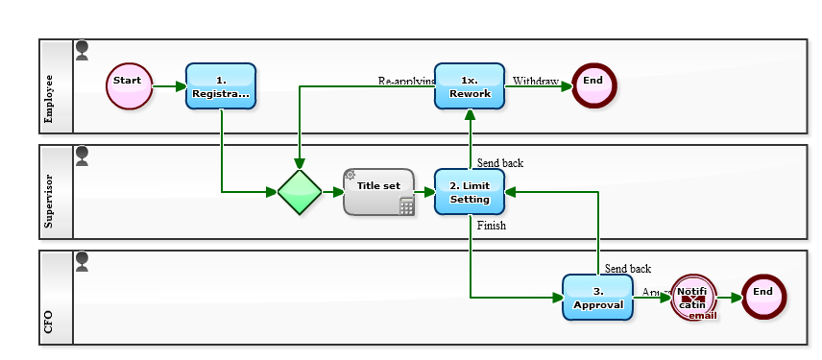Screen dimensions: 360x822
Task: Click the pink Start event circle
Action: coord(130,86)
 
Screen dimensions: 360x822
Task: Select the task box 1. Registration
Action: coord(221,86)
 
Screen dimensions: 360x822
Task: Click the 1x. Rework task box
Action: coord(470,86)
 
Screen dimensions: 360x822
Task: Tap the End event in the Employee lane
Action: coord(593,86)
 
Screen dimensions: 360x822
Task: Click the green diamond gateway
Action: coord(300,192)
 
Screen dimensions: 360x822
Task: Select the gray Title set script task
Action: coord(378,191)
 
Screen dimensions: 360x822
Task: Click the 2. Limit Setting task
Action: coord(470,192)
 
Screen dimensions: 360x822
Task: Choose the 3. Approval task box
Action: coord(597,298)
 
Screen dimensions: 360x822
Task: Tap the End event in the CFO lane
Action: coord(763,298)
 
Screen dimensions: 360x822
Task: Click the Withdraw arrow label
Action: coord(535,82)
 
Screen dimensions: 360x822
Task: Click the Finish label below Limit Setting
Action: coord(491,226)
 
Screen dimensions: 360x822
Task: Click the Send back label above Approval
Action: coord(628,269)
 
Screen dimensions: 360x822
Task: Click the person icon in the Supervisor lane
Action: coord(82,156)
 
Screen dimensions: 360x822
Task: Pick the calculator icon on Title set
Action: coord(406,206)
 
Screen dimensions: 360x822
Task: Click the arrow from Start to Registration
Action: coord(169,86)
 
